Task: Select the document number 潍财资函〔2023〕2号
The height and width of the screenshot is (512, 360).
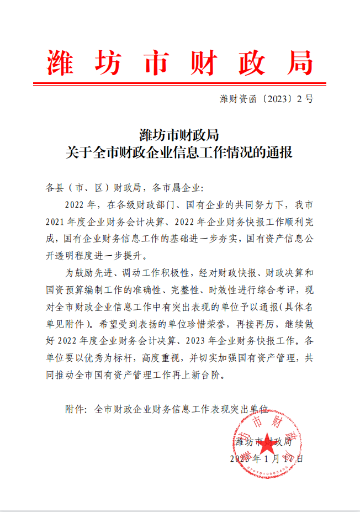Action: [x=266, y=99]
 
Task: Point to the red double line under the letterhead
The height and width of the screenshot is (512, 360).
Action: [x=180, y=84]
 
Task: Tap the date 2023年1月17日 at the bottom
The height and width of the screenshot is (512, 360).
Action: [x=266, y=459]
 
